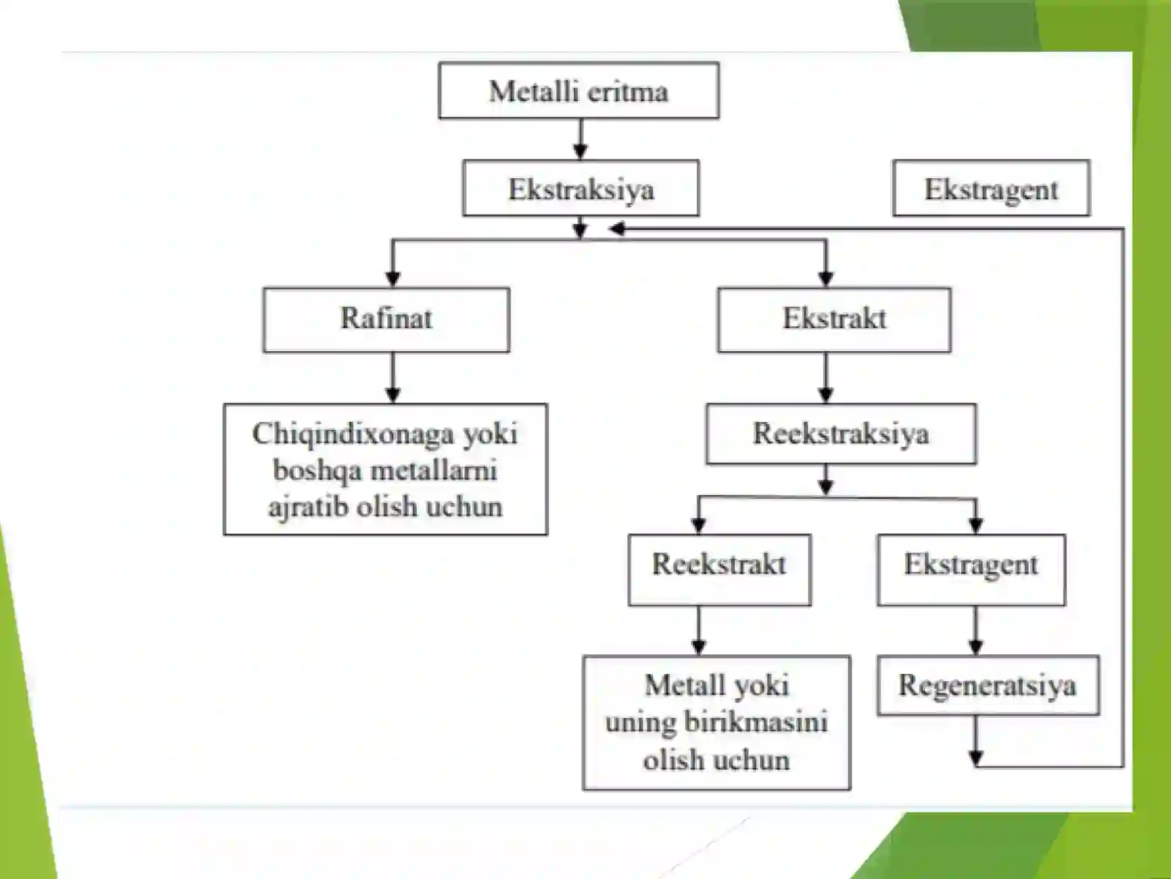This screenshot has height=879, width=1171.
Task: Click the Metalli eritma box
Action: tap(579, 90)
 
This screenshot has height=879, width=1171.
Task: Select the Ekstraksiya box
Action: tap(581, 188)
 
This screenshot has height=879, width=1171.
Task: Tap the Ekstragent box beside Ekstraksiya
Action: tap(991, 188)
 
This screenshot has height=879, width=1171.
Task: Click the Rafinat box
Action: tap(386, 319)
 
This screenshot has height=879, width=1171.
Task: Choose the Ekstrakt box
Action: tap(834, 319)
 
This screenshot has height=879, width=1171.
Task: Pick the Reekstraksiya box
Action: tap(842, 434)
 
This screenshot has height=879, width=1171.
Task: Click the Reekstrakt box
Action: tap(719, 569)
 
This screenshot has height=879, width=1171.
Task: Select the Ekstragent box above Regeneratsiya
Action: tap(971, 569)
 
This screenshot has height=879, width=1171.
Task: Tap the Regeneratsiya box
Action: tap(988, 686)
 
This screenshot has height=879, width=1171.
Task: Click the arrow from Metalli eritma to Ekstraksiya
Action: tap(580, 138)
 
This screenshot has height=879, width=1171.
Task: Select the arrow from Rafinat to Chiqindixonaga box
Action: tap(392, 377)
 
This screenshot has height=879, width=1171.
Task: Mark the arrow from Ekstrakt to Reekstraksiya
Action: tap(826, 377)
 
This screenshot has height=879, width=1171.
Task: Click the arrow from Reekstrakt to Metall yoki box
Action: tap(699, 630)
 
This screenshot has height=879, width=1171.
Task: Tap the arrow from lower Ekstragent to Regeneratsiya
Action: tap(976, 630)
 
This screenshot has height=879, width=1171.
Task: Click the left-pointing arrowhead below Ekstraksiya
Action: tap(617, 229)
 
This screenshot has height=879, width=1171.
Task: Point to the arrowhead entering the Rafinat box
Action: tap(392, 278)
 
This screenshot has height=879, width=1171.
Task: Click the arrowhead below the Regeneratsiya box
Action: tap(976, 758)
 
